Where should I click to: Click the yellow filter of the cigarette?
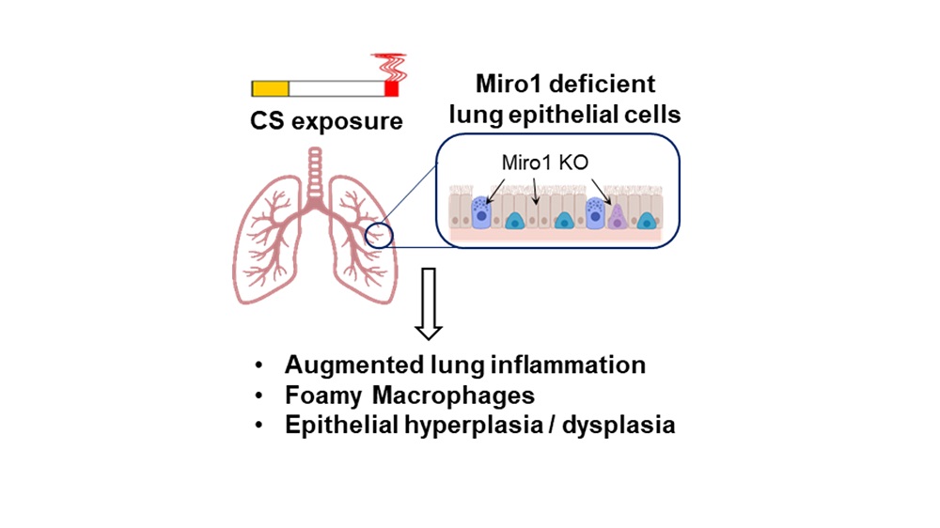point(270,89)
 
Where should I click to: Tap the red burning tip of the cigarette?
point(392,88)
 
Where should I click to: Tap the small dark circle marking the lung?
point(382,232)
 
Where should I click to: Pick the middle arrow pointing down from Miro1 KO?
point(535,194)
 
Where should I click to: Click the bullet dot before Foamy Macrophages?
point(260,395)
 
